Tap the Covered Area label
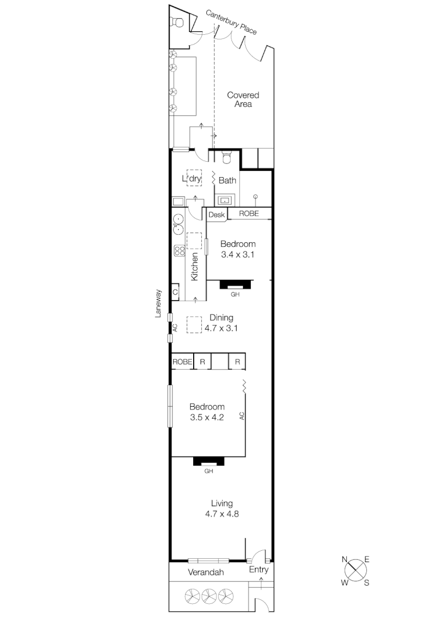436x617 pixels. point(243,99)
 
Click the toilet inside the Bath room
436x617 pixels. point(226,157)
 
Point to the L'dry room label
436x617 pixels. point(192,179)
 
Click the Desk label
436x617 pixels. point(217,214)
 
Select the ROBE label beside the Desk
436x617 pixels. point(248,214)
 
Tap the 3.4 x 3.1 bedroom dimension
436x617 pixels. point(238,255)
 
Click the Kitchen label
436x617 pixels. point(194,266)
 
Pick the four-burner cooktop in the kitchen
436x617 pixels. point(179,251)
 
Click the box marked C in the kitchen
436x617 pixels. point(175,292)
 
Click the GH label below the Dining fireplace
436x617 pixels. point(234,295)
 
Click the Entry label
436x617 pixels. point(258,570)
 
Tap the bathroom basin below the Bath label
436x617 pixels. point(225,200)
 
